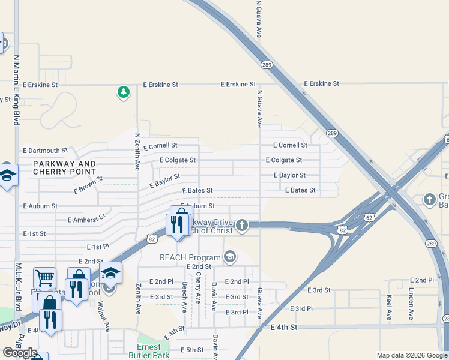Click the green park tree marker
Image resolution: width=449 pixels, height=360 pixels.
click(124, 92)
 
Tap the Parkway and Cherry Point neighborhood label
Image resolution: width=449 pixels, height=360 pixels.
click(65, 167)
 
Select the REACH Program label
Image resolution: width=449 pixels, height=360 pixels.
click(190, 257)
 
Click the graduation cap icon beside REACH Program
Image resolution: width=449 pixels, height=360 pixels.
click(229, 257)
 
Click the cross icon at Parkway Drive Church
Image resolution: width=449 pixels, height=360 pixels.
click(241, 225)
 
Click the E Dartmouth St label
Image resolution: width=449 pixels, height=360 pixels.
click(46, 151)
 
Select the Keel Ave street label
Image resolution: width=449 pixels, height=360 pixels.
click(390, 306)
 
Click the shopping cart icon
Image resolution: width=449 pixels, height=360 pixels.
click(44, 278)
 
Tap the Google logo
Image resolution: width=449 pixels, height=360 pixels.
click(20, 352)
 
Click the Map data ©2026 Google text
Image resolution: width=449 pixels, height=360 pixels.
click(411, 355)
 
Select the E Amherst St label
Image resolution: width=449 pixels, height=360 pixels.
click(86, 218)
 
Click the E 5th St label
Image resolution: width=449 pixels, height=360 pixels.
click(193, 350)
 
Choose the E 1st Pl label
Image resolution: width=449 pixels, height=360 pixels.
click(98, 247)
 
